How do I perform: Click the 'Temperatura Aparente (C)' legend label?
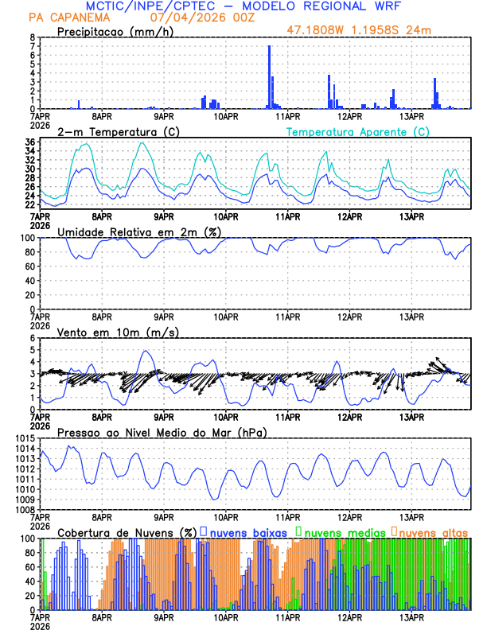(x=357, y=131)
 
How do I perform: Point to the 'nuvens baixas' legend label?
(x=246, y=531)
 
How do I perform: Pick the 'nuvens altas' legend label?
(x=433, y=531)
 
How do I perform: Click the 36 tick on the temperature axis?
(x=29, y=142)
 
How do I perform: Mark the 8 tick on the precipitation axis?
(x=33, y=37)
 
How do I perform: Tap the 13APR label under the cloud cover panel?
(x=411, y=617)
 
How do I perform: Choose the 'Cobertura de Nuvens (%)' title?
(x=127, y=531)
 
